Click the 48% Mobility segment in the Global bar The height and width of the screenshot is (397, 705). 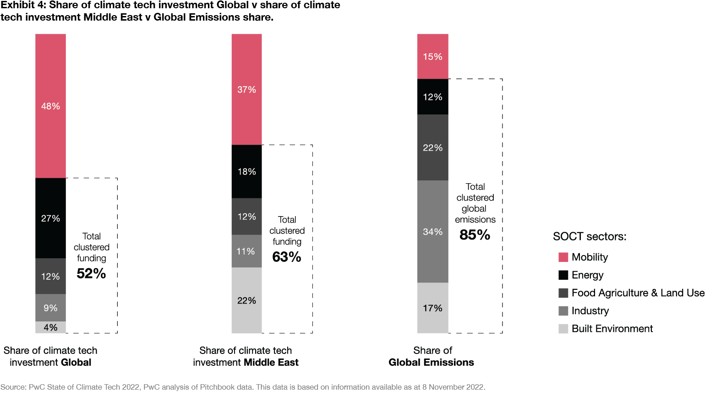[50, 106]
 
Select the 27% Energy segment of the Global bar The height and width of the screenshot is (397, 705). [50, 218]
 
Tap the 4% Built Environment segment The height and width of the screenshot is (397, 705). [50, 327]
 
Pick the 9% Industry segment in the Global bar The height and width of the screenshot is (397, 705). [50, 308]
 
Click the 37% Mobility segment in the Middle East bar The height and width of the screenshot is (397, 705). [246, 89]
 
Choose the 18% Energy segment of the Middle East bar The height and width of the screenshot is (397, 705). [246, 172]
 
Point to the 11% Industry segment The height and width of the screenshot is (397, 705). [246, 251]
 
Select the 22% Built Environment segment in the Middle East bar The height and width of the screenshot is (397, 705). [246, 300]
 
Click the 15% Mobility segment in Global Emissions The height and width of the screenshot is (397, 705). [432, 56]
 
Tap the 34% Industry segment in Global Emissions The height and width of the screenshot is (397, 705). [432, 232]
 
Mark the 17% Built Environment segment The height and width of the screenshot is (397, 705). [432, 308]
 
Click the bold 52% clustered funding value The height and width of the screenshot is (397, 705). [91, 274]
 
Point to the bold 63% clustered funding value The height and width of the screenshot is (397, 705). [287, 257]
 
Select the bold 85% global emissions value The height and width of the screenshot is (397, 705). [475, 235]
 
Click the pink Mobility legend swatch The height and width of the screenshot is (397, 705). [563, 257]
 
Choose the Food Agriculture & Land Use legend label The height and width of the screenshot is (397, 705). [638, 293]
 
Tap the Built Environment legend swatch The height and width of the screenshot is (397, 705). [563, 329]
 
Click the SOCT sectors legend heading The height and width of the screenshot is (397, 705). [590, 237]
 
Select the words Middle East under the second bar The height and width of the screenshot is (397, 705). [272, 363]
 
